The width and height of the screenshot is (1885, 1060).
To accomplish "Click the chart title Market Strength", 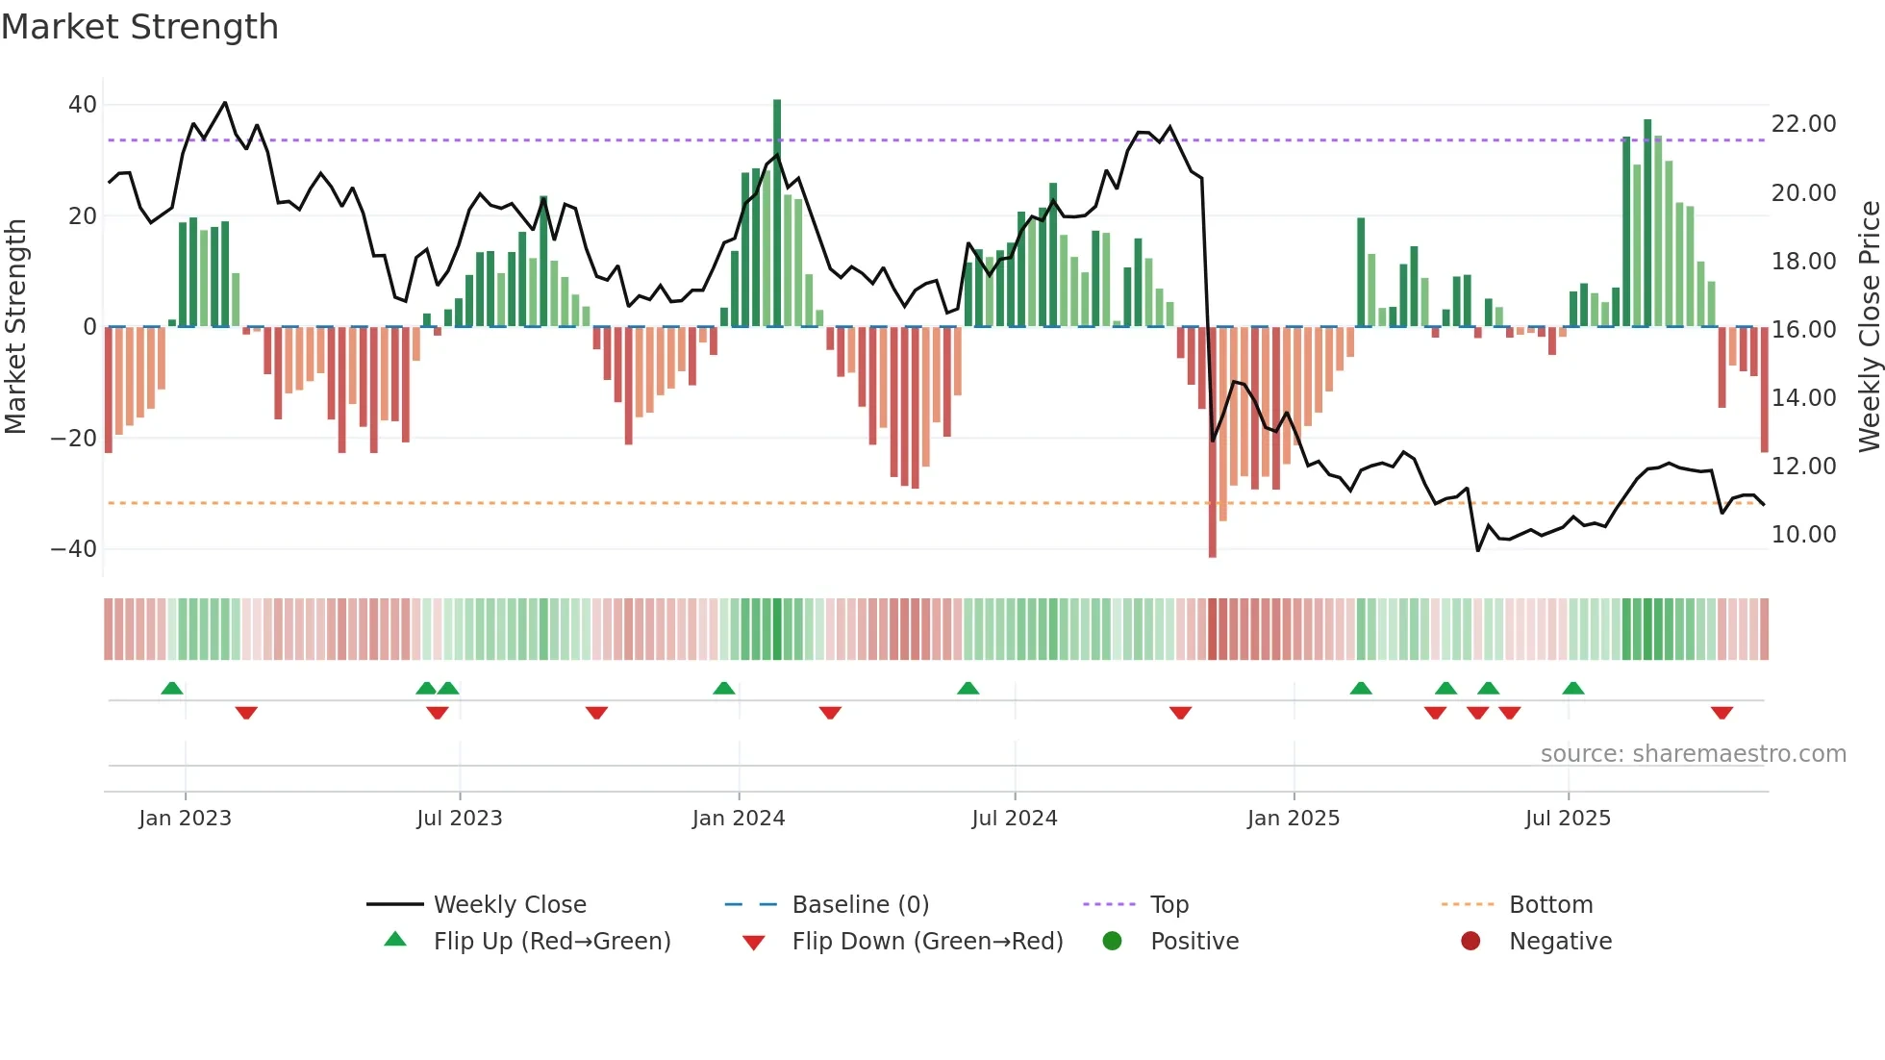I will pos(139,27).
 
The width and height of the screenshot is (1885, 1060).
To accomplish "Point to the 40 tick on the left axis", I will pos(83,104).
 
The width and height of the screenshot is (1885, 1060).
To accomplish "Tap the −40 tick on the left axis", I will pos(74,548).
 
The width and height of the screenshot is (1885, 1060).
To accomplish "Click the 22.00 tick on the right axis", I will pos(1803,124).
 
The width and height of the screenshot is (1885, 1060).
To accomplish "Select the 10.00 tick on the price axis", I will pos(1803,535).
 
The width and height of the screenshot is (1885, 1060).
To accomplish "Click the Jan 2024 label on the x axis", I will pos(739,819).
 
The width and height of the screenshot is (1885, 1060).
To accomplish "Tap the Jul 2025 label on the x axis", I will pos(1568,819).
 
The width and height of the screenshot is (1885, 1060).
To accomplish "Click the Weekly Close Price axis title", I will pos(1869,327).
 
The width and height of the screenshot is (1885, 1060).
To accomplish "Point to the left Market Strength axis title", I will pos(15,327).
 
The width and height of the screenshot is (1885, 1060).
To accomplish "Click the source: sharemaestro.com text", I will pos(1693,754).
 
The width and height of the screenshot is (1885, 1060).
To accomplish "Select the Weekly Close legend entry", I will pos(509,905).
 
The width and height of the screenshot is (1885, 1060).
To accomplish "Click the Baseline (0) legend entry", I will pos(860,905).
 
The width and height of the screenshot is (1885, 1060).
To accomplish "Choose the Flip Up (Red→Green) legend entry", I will pos(551,942).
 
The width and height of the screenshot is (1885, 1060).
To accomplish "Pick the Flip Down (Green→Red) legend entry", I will pos(927,942).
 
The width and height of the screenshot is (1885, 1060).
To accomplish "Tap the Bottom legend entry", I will pos(1550,905).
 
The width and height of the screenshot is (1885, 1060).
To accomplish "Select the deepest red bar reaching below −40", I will pos(1212,442).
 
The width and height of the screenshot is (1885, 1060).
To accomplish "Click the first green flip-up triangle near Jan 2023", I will pos(172,688).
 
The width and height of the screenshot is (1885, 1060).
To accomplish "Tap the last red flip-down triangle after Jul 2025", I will pos(1722,713).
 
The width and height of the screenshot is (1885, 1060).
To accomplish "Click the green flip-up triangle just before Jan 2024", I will pos(724,688).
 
